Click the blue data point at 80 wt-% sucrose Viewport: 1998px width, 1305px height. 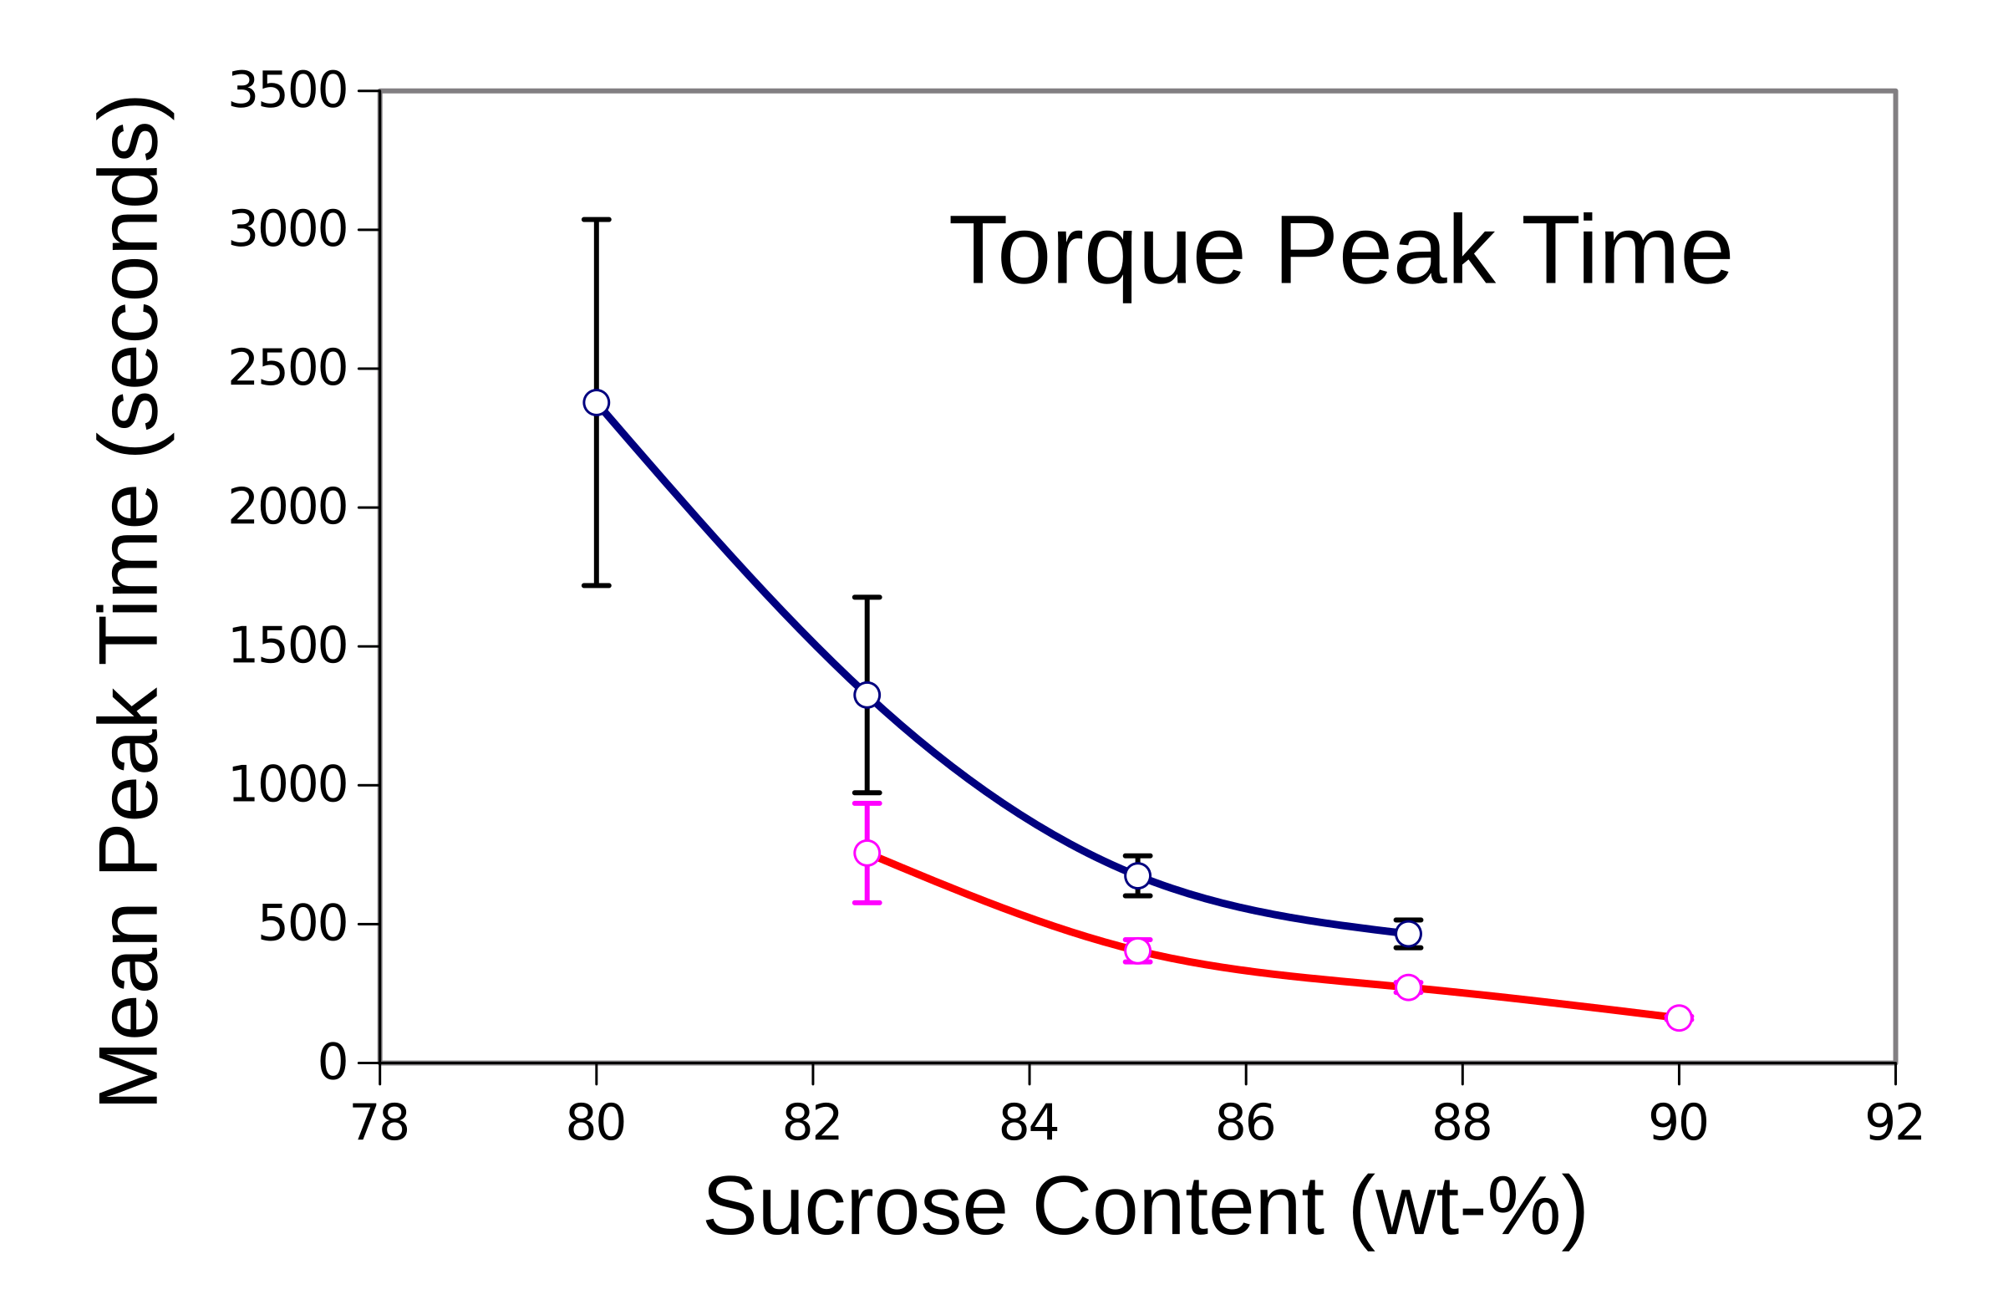point(596,402)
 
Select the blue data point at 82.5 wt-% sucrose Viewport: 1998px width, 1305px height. point(867,695)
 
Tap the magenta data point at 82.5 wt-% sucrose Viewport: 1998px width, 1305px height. point(867,854)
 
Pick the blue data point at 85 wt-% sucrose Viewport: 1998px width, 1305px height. point(1136,876)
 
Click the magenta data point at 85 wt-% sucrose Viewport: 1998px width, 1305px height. point(1136,951)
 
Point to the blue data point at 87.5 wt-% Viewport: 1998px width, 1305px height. point(1408,934)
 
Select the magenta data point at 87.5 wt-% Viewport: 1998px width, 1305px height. point(1408,986)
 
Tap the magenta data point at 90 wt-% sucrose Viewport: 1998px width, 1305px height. point(1678,1017)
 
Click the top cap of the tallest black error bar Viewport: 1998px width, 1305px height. point(596,219)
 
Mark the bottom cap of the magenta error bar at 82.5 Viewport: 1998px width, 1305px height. point(867,903)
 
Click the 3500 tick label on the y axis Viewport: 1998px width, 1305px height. point(287,89)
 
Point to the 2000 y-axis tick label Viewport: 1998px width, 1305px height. point(287,507)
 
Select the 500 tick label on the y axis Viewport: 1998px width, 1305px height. point(302,925)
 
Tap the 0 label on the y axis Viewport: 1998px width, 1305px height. point(332,1063)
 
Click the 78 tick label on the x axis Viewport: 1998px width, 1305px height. point(379,1123)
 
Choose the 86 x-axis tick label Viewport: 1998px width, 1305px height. point(1245,1123)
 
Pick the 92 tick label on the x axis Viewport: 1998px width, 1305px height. point(1894,1123)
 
